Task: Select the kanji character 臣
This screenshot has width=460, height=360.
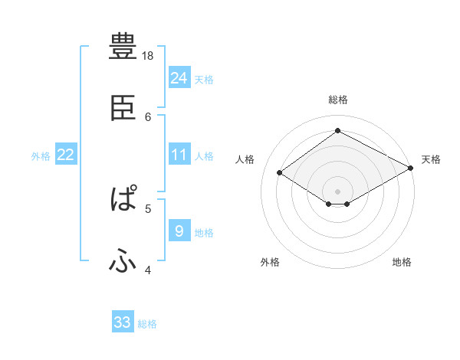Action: tap(123, 108)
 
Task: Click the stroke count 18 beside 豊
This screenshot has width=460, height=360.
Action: tap(148, 56)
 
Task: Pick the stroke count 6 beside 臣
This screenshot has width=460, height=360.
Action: tap(148, 116)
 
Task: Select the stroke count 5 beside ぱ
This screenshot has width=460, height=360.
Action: tap(148, 207)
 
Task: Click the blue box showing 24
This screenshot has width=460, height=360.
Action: tap(179, 78)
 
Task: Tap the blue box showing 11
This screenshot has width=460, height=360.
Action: tap(179, 155)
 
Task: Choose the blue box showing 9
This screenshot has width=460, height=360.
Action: tap(179, 231)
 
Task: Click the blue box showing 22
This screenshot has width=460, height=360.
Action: tap(66, 155)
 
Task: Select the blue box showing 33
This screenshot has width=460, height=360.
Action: tap(123, 322)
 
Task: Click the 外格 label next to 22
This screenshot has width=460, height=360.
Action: tap(41, 156)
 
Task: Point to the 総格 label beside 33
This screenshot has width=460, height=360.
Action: tap(147, 324)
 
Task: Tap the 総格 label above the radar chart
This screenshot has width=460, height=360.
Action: tap(338, 100)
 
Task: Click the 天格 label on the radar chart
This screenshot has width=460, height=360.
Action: tap(431, 159)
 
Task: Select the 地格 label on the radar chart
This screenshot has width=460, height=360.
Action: tap(402, 262)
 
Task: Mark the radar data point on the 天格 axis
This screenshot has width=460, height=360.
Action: tap(412, 168)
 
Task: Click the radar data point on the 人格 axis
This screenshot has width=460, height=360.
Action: tap(280, 173)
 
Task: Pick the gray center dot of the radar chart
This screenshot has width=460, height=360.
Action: tap(338, 190)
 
